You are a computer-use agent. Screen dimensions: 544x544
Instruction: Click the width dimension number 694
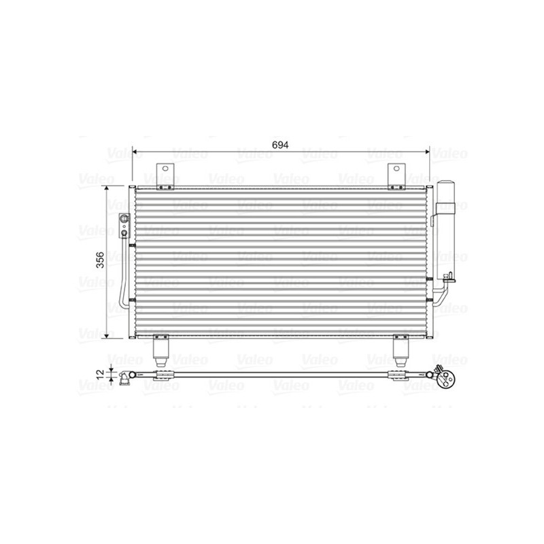[281, 145]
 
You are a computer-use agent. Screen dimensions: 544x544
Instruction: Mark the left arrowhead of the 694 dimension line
[135, 153]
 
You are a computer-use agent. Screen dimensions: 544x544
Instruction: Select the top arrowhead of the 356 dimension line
[107, 188]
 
